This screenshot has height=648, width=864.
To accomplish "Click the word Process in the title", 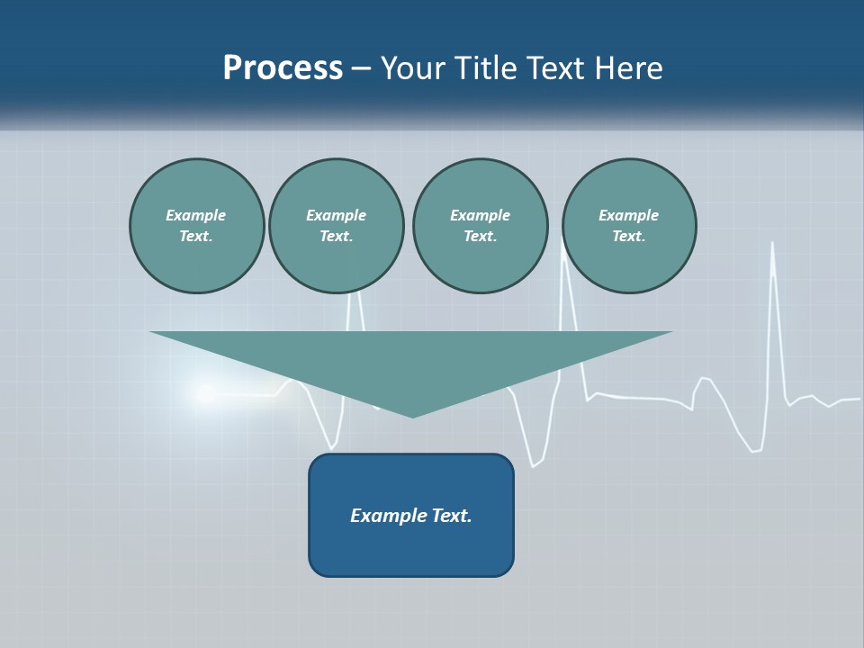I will pyautogui.click(x=283, y=68).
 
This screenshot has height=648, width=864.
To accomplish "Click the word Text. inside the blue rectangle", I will pyautogui.click(x=451, y=516).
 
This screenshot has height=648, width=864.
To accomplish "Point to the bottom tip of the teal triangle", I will pyautogui.click(x=412, y=416).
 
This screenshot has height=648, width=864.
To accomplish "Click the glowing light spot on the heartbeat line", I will pyautogui.click(x=203, y=393).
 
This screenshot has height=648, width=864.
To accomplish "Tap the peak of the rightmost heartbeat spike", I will pyautogui.click(x=772, y=243).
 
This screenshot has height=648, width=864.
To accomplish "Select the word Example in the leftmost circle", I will pyautogui.click(x=196, y=215).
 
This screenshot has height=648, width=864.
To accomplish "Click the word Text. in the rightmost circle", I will pyautogui.click(x=629, y=237).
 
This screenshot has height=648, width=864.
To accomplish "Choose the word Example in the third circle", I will pyautogui.click(x=480, y=215).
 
